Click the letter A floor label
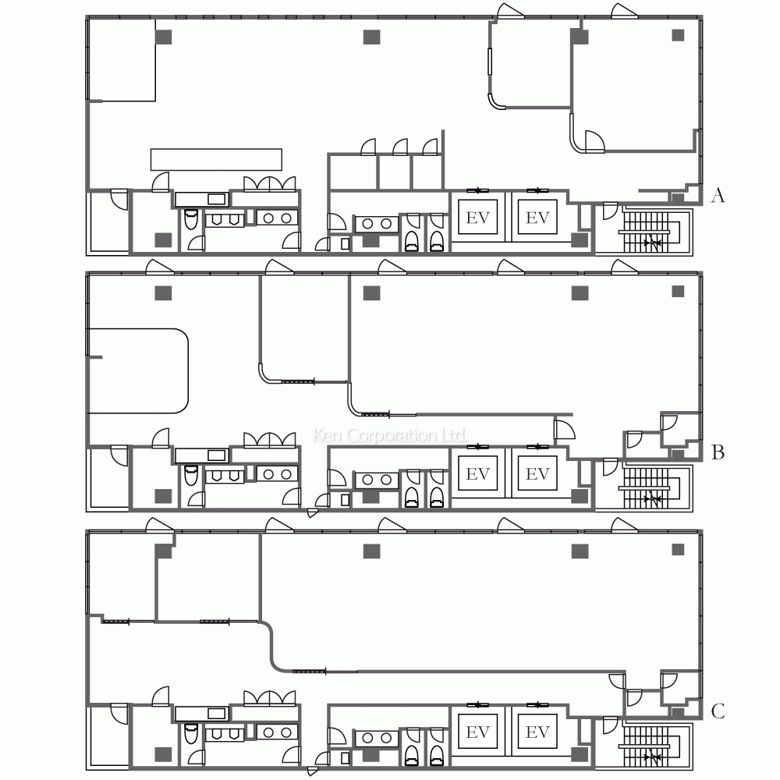[718, 196]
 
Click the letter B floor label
[718, 452]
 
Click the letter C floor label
[718, 711]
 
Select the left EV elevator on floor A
[477, 218]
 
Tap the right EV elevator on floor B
[537, 474]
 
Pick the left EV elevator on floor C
[477, 732]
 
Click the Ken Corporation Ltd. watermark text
[389, 435]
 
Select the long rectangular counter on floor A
[216, 159]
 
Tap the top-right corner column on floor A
[678, 35]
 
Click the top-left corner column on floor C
[163, 551]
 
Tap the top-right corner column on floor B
[678, 292]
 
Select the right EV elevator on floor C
[537, 732]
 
